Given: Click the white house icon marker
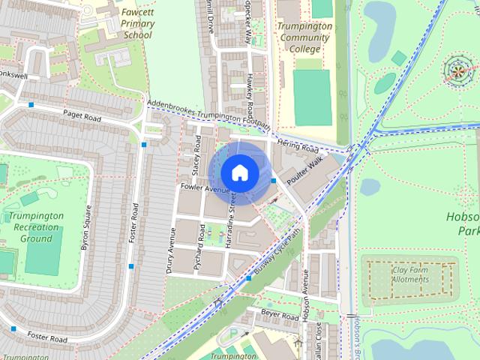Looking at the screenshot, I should point(240,172).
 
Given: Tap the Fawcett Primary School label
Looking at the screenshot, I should point(137,24).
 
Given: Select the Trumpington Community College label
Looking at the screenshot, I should point(304,37).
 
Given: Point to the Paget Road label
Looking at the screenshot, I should point(82,115).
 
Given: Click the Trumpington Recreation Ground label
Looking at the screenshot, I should point(36,227).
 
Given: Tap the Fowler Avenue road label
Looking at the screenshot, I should point(204,189).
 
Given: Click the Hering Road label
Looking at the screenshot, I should point(297,144).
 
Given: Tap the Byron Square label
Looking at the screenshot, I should point(85,228).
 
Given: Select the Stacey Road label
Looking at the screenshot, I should point(196,154).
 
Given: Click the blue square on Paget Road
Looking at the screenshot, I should point(31,105).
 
